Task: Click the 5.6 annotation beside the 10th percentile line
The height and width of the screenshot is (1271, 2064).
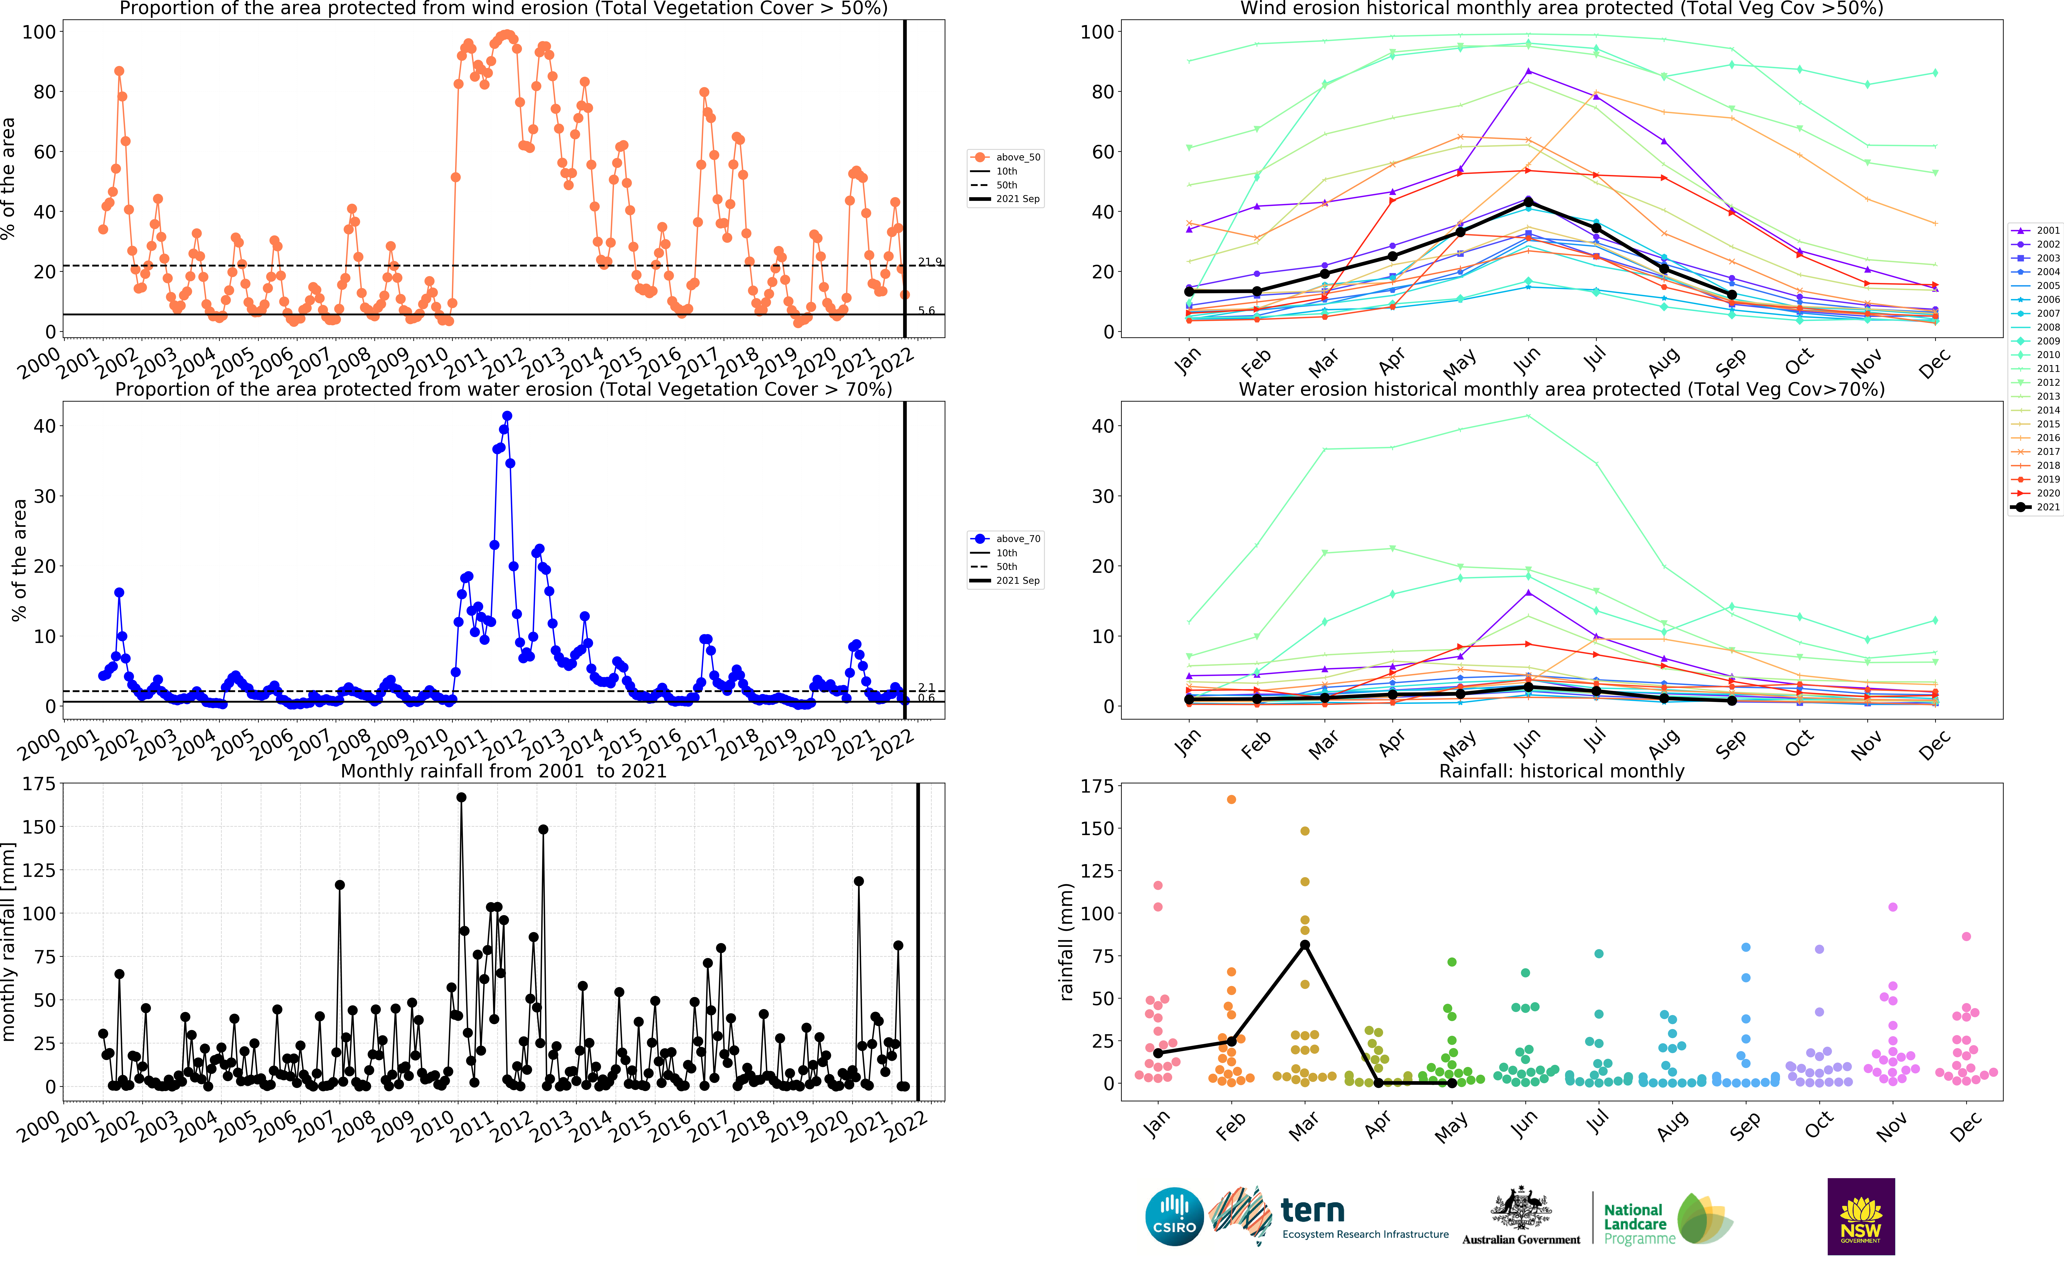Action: click(926, 311)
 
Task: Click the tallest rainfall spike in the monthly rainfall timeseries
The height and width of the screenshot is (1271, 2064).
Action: click(461, 798)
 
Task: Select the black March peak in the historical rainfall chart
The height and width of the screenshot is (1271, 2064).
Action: click(1305, 945)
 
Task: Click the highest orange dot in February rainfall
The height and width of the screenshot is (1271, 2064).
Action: click(1231, 799)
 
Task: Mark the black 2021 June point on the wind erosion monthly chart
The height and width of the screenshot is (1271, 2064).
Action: click(1528, 203)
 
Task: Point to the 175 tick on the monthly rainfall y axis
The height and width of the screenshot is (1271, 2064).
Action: click(39, 783)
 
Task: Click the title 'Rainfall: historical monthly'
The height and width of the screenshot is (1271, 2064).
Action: click(1562, 771)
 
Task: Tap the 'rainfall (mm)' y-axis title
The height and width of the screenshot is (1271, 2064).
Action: click(1066, 942)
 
